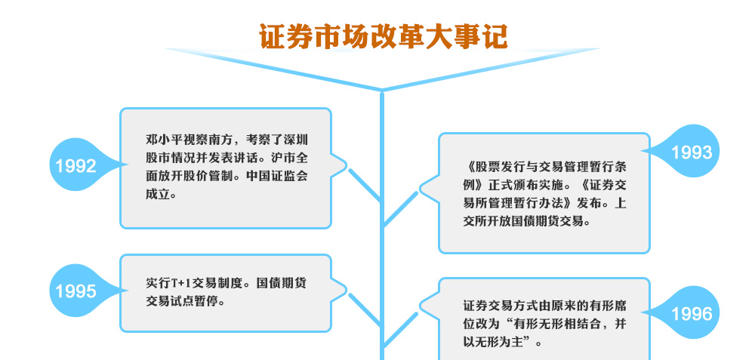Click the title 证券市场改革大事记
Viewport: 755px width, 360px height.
pyautogui.click(x=384, y=36)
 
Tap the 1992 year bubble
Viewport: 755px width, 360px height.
pyautogui.click(x=77, y=165)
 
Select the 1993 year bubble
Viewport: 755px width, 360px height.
pyautogui.click(x=691, y=152)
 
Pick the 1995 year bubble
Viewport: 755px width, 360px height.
pyautogui.click(x=77, y=291)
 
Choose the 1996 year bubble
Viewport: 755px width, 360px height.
pyautogui.click(x=691, y=313)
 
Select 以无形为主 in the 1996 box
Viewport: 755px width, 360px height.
pyautogui.click(x=492, y=343)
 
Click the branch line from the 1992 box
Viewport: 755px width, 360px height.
pyautogui.click(x=365, y=186)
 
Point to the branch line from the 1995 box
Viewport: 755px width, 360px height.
pyautogui.click(x=365, y=310)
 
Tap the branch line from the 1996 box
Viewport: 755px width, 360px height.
pyautogui.click(x=400, y=330)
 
